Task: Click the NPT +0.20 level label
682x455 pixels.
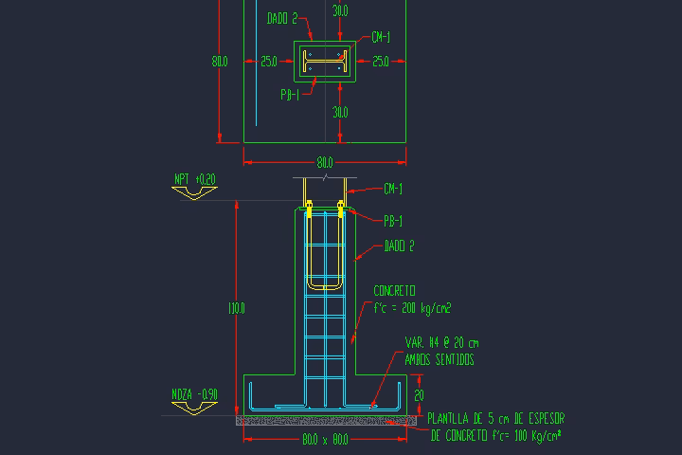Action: click(194, 178)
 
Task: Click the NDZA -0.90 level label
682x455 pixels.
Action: click(194, 393)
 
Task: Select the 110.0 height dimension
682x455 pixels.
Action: click(236, 307)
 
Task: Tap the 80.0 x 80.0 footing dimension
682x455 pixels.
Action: click(325, 440)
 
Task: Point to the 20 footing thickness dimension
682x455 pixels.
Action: click(420, 394)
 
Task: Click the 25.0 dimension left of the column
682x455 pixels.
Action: click(269, 62)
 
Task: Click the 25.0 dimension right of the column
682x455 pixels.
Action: click(381, 62)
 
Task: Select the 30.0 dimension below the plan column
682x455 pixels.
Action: click(340, 112)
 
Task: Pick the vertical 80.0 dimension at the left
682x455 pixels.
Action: click(219, 62)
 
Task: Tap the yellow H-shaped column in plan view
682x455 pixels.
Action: click(326, 62)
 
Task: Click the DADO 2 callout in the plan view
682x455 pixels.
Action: click(281, 17)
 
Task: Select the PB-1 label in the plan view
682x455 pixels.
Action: click(291, 94)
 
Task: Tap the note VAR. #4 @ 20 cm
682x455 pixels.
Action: click(440, 342)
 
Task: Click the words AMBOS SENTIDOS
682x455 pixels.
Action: click(439, 359)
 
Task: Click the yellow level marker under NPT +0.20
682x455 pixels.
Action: click(194, 192)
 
